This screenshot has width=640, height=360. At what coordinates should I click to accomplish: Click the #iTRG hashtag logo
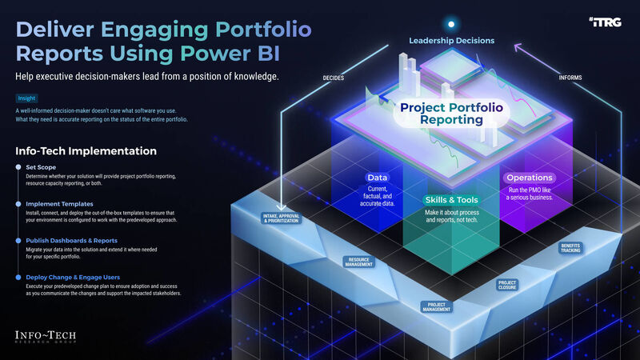(x=610, y=23)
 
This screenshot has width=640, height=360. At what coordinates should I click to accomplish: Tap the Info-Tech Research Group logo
(x=50, y=337)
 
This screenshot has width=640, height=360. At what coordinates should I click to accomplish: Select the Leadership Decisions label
(x=451, y=41)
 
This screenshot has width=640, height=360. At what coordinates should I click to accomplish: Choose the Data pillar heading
(x=378, y=177)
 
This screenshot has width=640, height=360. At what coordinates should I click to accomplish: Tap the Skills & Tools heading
(x=451, y=199)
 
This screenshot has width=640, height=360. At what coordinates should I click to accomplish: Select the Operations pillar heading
(x=528, y=177)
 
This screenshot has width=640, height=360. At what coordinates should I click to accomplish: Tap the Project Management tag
(x=436, y=306)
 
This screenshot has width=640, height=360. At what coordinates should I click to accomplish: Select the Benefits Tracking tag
(x=570, y=248)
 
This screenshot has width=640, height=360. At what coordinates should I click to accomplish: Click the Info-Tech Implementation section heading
(x=86, y=151)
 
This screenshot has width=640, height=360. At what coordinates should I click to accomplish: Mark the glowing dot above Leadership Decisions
(x=451, y=25)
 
